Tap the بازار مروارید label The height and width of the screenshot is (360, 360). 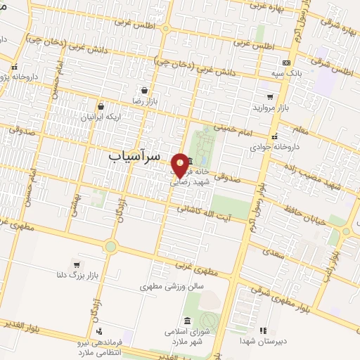[270, 109]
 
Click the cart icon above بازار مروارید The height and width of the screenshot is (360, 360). [269, 97]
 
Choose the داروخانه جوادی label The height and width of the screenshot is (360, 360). [269, 148]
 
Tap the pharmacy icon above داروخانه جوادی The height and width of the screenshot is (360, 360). [274, 136]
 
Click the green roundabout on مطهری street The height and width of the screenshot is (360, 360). [110, 246]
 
